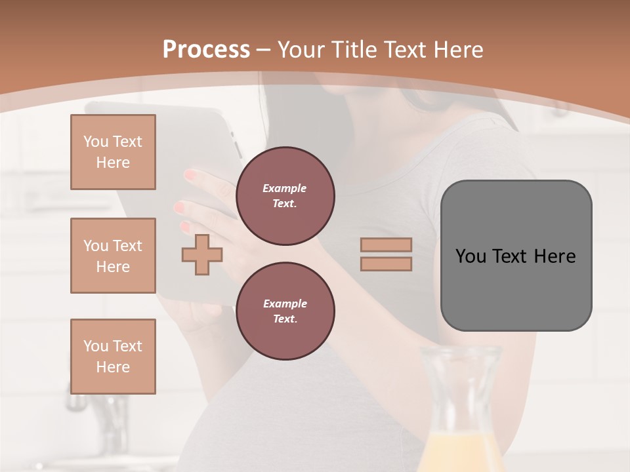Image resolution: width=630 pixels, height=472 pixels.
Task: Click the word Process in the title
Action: [206, 50]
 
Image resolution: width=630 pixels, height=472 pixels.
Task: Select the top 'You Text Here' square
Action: [113, 152]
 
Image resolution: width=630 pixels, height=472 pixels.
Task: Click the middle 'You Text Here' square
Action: [113, 256]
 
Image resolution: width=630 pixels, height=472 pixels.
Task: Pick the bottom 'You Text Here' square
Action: [113, 357]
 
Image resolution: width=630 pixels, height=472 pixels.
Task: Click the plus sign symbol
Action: [202, 254]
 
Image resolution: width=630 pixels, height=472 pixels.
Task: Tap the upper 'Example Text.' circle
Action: [285, 196]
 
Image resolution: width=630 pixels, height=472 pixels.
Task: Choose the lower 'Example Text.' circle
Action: [285, 311]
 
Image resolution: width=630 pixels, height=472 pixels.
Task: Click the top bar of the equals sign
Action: [387, 245]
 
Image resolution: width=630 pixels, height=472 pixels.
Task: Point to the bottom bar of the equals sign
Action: [387, 264]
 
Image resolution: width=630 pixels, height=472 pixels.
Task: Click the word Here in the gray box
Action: [555, 256]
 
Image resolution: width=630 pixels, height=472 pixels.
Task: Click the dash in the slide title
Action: [263, 50]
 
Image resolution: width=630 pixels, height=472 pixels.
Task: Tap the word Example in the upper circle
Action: [285, 188]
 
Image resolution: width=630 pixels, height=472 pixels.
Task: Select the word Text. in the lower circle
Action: [285, 319]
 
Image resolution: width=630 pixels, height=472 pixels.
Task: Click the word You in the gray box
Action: [471, 256]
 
